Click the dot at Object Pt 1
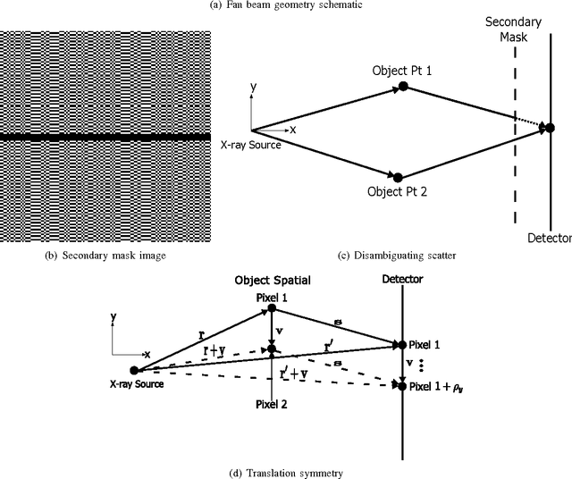[x=403, y=85]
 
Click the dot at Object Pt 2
[x=398, y=177]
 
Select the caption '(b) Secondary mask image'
[x=105, y=255]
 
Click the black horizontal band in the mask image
[x=105, y=137]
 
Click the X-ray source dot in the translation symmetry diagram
[x=134, y=370]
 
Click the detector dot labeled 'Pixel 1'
[x=401, y=344]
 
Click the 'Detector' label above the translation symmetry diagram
[x=401, y=280]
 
